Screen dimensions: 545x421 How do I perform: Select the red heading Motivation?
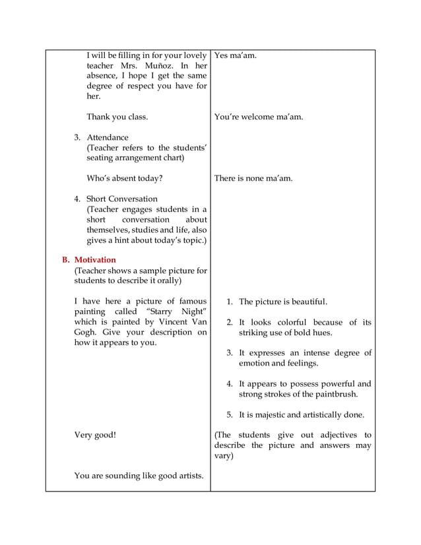point(95,260)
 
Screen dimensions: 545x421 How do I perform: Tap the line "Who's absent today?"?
point(125,178)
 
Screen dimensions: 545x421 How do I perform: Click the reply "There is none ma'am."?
point(253,178)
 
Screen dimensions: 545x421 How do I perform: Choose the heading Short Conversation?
point(122,199)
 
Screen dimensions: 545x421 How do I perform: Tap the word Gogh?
point(86,332)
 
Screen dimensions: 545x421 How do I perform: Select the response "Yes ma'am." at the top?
point(236,55)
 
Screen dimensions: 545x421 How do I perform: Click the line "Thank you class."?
point(117,117)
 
